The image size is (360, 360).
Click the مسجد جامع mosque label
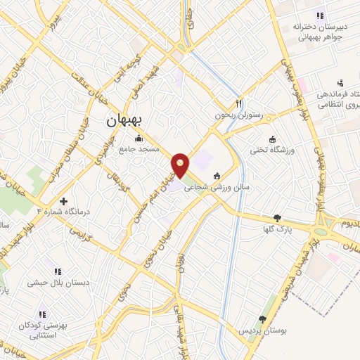point(139,149)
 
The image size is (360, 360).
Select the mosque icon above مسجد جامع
point(139,139)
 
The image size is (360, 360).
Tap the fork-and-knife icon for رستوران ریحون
point(240,102)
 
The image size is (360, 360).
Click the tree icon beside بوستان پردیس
point(263,319)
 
